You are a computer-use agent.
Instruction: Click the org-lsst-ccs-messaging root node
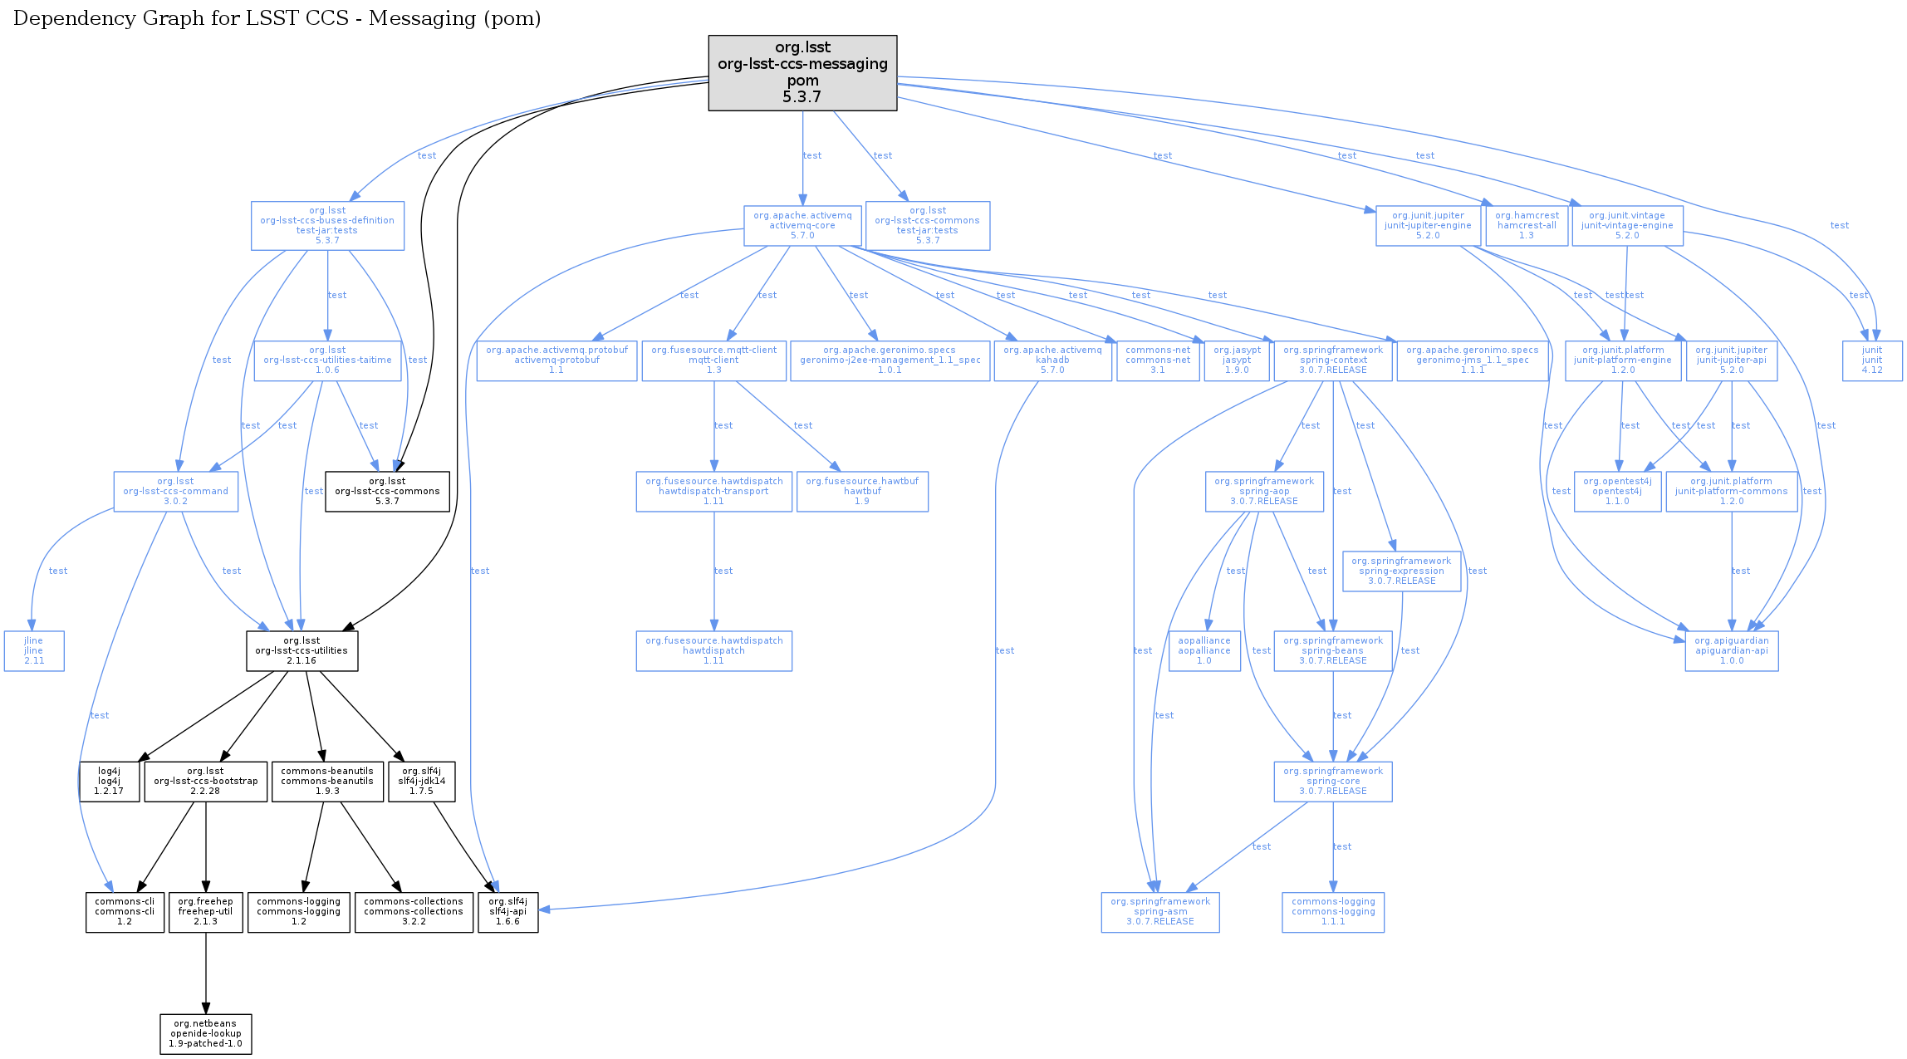pos(802,72)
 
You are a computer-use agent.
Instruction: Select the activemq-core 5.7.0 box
pos(802,225)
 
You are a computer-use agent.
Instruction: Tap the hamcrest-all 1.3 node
pos(1526,225)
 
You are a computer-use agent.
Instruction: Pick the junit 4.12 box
pos(1871,360)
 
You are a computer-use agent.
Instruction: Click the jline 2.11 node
pos(34,651)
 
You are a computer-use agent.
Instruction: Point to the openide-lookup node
pos(206,1034)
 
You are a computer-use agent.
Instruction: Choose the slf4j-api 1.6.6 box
pos(507,912)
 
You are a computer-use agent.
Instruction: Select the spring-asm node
pos(1159,912)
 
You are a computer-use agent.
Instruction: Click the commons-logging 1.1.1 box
pos(1332,912)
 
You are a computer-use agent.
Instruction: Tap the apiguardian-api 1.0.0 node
pos(1731,651)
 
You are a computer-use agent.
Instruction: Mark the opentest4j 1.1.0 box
pos(1616,492)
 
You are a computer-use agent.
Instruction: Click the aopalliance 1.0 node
pos(1204,651)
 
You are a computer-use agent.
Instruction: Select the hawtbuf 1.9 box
pos(861,492)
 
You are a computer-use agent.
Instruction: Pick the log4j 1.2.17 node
pos(109,782)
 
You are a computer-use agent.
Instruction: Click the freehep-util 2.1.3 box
pos(205,912)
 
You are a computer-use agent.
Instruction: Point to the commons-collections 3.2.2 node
pos(414,912)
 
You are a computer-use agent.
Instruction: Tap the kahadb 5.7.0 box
pos(1052,360)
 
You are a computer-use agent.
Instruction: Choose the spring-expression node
pos(1401,571)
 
